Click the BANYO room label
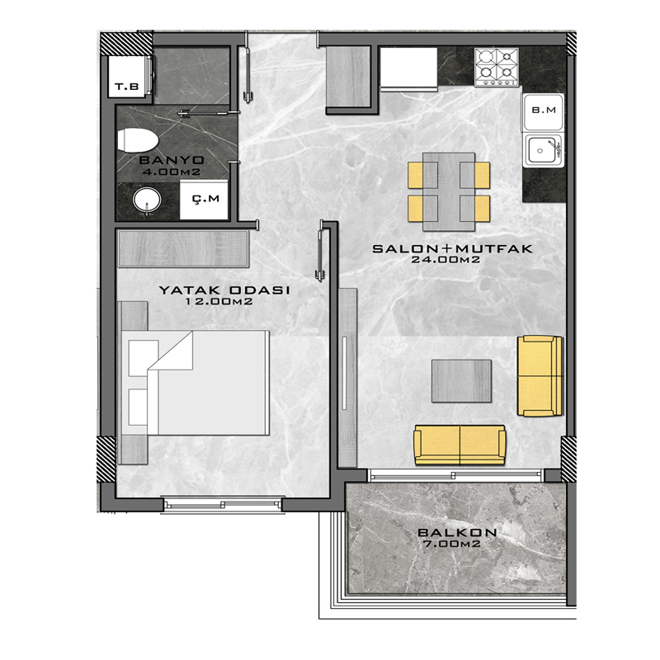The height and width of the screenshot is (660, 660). pyautogui.click(x=172, y=160)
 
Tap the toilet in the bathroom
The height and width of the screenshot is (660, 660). pyautogui.click(x=137, y=140)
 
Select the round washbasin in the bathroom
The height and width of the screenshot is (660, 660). pyautogui.click(x=147, y=200)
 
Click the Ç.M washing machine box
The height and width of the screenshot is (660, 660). pyautogui.click(x=204, y=200)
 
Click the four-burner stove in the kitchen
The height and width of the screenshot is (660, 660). pyautogui.click(x=497, y=67)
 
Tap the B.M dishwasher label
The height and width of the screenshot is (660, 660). pyautogui.click(x=544, y=111)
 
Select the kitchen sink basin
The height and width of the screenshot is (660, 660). pyautogui.click(x=542, y=150)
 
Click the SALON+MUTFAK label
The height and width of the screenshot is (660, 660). pyautogui.click(x=452, y=249)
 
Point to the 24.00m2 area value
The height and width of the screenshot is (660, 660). pyautogui.click(x=445, y=260)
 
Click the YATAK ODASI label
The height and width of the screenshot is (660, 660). pyautogui.click(x=224, y=290)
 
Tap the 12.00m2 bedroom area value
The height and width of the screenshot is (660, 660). pyautogui.click(x=219, y=301)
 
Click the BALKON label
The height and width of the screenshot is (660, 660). pyautogui.click(x=457, y=532)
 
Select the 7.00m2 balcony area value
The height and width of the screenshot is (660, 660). pyautogui.click(x=451, y=544)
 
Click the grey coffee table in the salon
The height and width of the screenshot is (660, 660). pyautogui.click(x=461, y=381)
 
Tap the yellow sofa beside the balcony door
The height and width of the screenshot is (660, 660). pyautogui.click(x=460, y=445)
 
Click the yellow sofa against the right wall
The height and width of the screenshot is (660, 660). pyautogui.click(x=540, y=376)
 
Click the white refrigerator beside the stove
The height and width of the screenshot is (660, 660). pyautogui.click(x=408, y=69)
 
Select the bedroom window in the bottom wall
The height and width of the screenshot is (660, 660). pyautogui.click(x=222, y=504)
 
